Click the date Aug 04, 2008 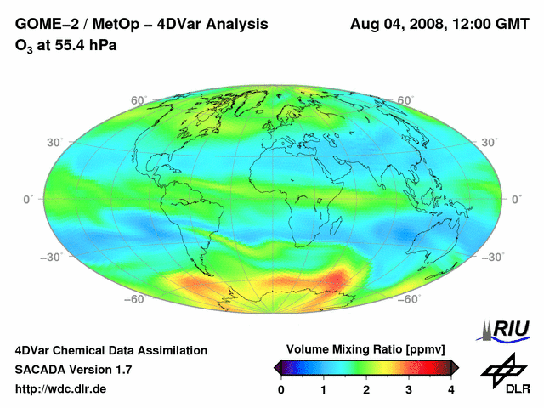click(x=396, y=25)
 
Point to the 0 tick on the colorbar click(x=282, y=389)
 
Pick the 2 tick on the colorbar click(x=366, y=389)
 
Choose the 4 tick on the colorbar click(x=450, y=389)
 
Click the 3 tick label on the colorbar click(x=409, y=389)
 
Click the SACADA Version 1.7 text click(x=73, y=370)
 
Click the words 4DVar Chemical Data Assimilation click(x=111, y=350)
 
